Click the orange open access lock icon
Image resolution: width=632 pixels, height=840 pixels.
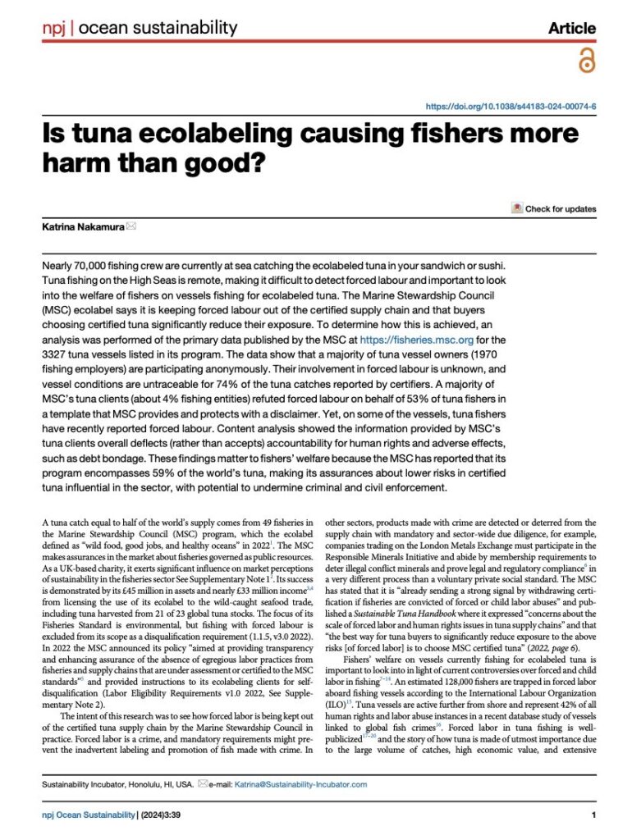point(586,61)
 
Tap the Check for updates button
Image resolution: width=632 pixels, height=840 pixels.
point(554,208)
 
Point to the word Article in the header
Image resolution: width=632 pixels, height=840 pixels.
point(572,28)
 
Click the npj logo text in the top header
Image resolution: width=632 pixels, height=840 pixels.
point(54,28)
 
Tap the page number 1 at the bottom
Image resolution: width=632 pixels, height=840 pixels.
point(593,815)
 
